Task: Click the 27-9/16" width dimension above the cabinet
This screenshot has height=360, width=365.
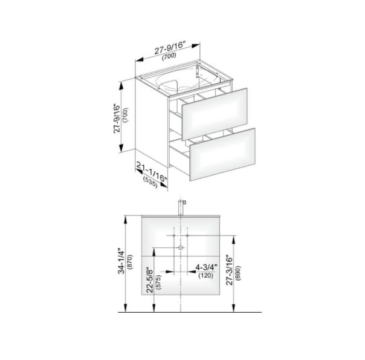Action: click(170, 48)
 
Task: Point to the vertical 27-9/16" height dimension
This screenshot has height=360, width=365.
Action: click(117, 119)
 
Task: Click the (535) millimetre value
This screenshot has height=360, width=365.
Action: click(150, 182)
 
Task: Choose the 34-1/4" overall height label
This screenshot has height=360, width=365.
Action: click(121, 261)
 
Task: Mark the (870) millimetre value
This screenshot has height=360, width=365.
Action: click(130, 262)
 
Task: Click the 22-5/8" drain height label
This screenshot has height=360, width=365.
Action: click(150, 280)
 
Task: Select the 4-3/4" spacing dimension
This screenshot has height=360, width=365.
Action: click(206, 267)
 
